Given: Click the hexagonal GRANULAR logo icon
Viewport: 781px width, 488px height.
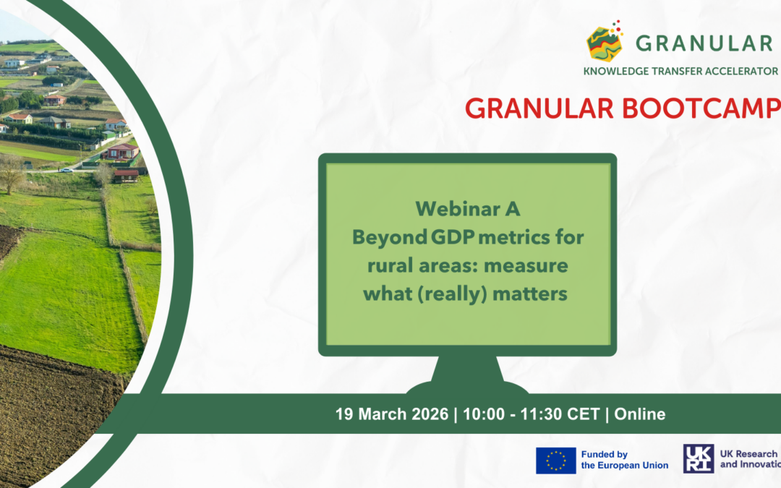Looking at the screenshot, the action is click(x=605, y=42).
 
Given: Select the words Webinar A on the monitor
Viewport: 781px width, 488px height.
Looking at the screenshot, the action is click(x=468, y=209).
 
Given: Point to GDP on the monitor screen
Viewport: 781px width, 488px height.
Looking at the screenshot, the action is click(x=452, y=237).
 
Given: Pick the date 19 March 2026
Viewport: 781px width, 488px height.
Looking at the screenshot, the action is click(x=391, y=414).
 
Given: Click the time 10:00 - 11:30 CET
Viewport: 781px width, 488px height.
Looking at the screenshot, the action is click(x=531, y=414).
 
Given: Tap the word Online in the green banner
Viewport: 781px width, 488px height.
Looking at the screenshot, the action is click(x=639, y=414).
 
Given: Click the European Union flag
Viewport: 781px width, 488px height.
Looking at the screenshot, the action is click(x=556, y=460).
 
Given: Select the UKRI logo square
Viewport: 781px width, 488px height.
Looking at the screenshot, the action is click(x=699, y=458).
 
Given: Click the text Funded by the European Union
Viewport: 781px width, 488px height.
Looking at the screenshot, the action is click(x=625, y=460).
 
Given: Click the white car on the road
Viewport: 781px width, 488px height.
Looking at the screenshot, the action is click(x=66, y=170).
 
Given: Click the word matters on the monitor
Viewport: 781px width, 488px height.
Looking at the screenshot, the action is click(x=530, y=294).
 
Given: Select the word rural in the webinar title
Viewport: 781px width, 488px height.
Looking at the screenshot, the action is click(x=390, y=265).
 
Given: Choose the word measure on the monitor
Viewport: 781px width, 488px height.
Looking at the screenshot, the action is click(x=526, y=266).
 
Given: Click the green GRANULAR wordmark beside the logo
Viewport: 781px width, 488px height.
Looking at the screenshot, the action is click(x=704, y=43).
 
